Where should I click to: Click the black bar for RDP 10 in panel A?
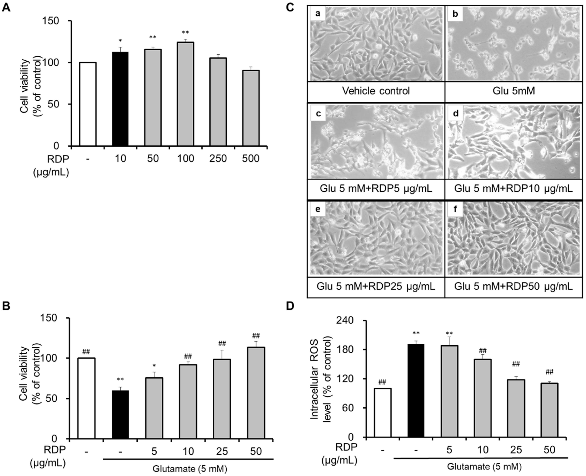[x=120, y=99]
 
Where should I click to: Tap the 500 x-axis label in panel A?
[x=251, y=159]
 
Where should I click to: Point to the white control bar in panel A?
[x=88, y=104]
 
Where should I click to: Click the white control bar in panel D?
[x=382, y=413]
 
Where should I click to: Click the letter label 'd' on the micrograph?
[x=455, y=113]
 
